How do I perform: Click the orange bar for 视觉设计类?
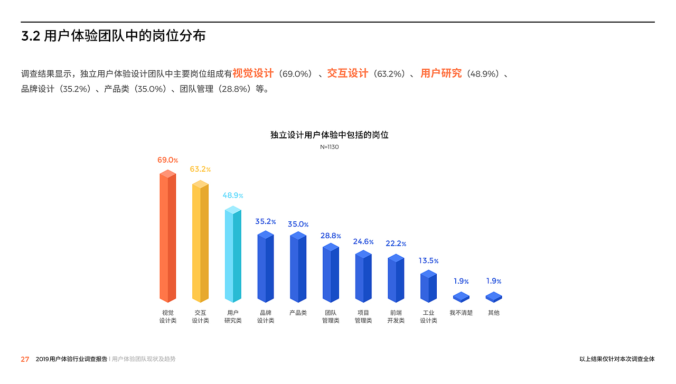coord(167,238)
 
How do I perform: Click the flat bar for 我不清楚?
coord(461,297)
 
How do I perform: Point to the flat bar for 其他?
coord(494,297)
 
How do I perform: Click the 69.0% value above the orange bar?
coord(167,160)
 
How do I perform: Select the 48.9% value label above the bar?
coord(233,195)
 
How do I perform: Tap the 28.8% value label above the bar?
coord(331,236)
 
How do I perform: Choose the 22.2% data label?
coord(396,243)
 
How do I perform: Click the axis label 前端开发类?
coord(396,316)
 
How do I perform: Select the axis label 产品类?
coord(298,313)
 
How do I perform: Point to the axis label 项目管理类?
coord(363,316)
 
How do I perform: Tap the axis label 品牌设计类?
coord(266,316)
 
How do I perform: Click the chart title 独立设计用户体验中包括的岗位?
coord(329,135)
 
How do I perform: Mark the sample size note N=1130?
coord(329,147)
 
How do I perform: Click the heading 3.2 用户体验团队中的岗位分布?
coord(113,36)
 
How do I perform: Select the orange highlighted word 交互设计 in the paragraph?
coord(347,73)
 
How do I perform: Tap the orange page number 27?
coord(25,359)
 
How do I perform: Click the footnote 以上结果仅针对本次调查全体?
coord(616,359)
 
